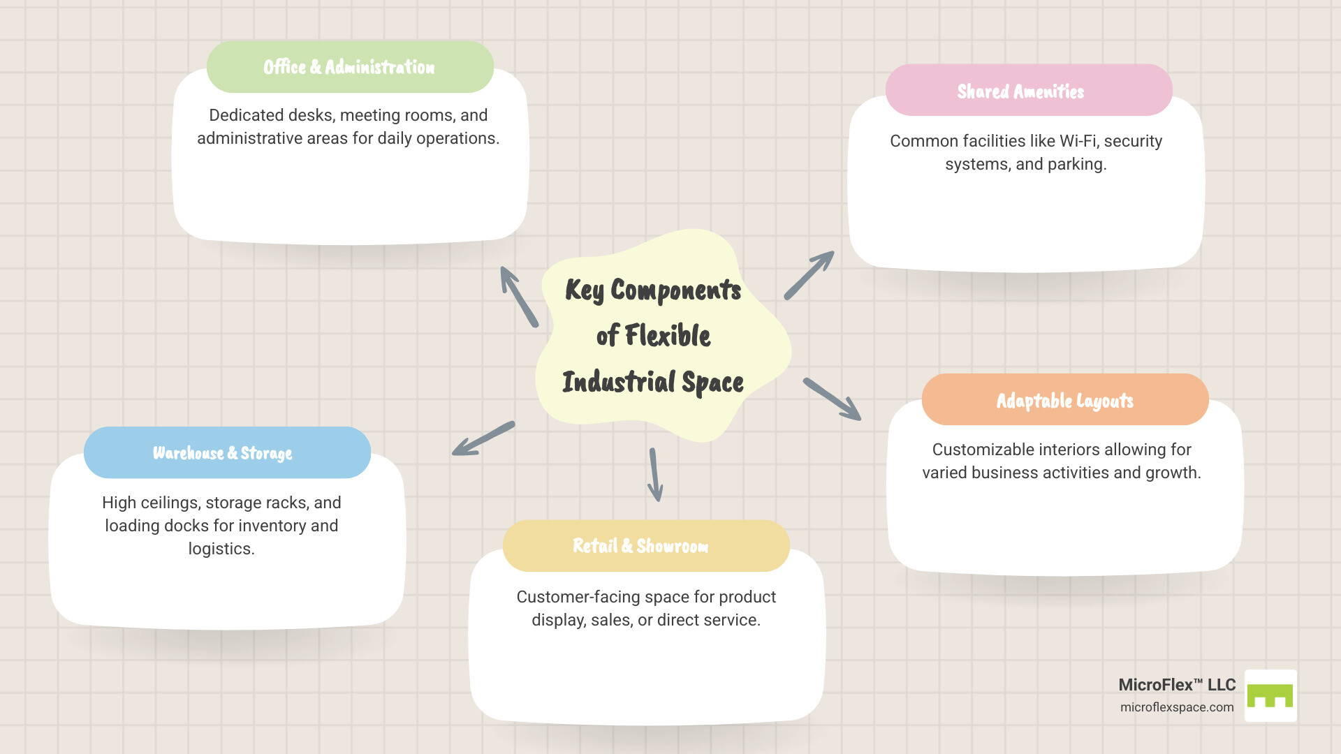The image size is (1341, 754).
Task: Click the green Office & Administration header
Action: tap(350, 67)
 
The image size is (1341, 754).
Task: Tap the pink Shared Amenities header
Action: tap(1028, 91)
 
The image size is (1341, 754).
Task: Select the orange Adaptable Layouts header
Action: tap(1064, 400)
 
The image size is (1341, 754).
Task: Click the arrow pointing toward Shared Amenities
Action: tap(809, 275)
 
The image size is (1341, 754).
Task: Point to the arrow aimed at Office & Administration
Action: tap(519, 296)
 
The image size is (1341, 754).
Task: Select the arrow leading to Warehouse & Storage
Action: tap(483, 438)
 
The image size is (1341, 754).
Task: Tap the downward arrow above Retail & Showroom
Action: tap(654, 475)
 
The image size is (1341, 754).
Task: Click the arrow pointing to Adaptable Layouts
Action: tap(832, 399)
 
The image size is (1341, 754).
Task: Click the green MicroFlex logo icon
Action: tap(1270, 695)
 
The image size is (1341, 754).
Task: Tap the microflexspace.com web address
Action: tap(1177, 707)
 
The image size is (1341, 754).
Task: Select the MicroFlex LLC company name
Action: tap(1177, 685)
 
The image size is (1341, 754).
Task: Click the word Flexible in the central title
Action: tap(668, 336)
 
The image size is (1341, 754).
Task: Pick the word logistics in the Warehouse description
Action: tap(221, 549)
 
